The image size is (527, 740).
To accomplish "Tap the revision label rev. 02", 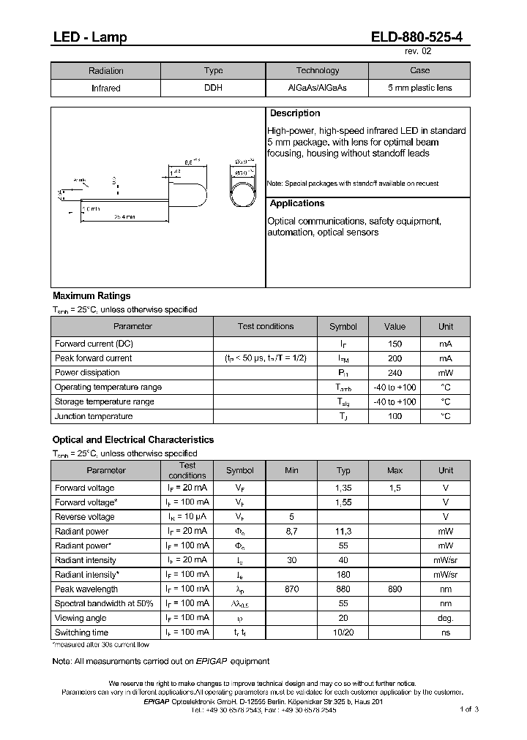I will tap(419, 52).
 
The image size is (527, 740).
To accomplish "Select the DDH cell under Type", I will tap(213, 88).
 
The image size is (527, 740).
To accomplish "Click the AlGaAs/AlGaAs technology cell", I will tap(317, 88).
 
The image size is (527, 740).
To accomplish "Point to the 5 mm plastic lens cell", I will tap(419, 88).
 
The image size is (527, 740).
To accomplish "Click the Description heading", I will tap(295, 113).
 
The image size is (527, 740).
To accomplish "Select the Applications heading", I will tap(297, 203).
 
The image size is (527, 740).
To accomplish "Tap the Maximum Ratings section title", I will tap(91, 296).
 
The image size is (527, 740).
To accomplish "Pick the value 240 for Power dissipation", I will tap(395, 373).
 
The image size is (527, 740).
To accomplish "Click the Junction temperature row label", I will tap(94, 417).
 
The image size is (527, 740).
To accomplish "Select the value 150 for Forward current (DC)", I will tap(395, 344).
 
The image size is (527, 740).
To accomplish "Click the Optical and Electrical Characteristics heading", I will tap(133, 440).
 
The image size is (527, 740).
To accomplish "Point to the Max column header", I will tap(395, 470).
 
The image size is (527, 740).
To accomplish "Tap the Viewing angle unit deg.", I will tap(446, 618).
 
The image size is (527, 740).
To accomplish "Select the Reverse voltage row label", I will tap(84, 517).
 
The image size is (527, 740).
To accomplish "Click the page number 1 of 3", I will tap(469, 709).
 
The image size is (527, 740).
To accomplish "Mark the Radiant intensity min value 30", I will tap(291, 560).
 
